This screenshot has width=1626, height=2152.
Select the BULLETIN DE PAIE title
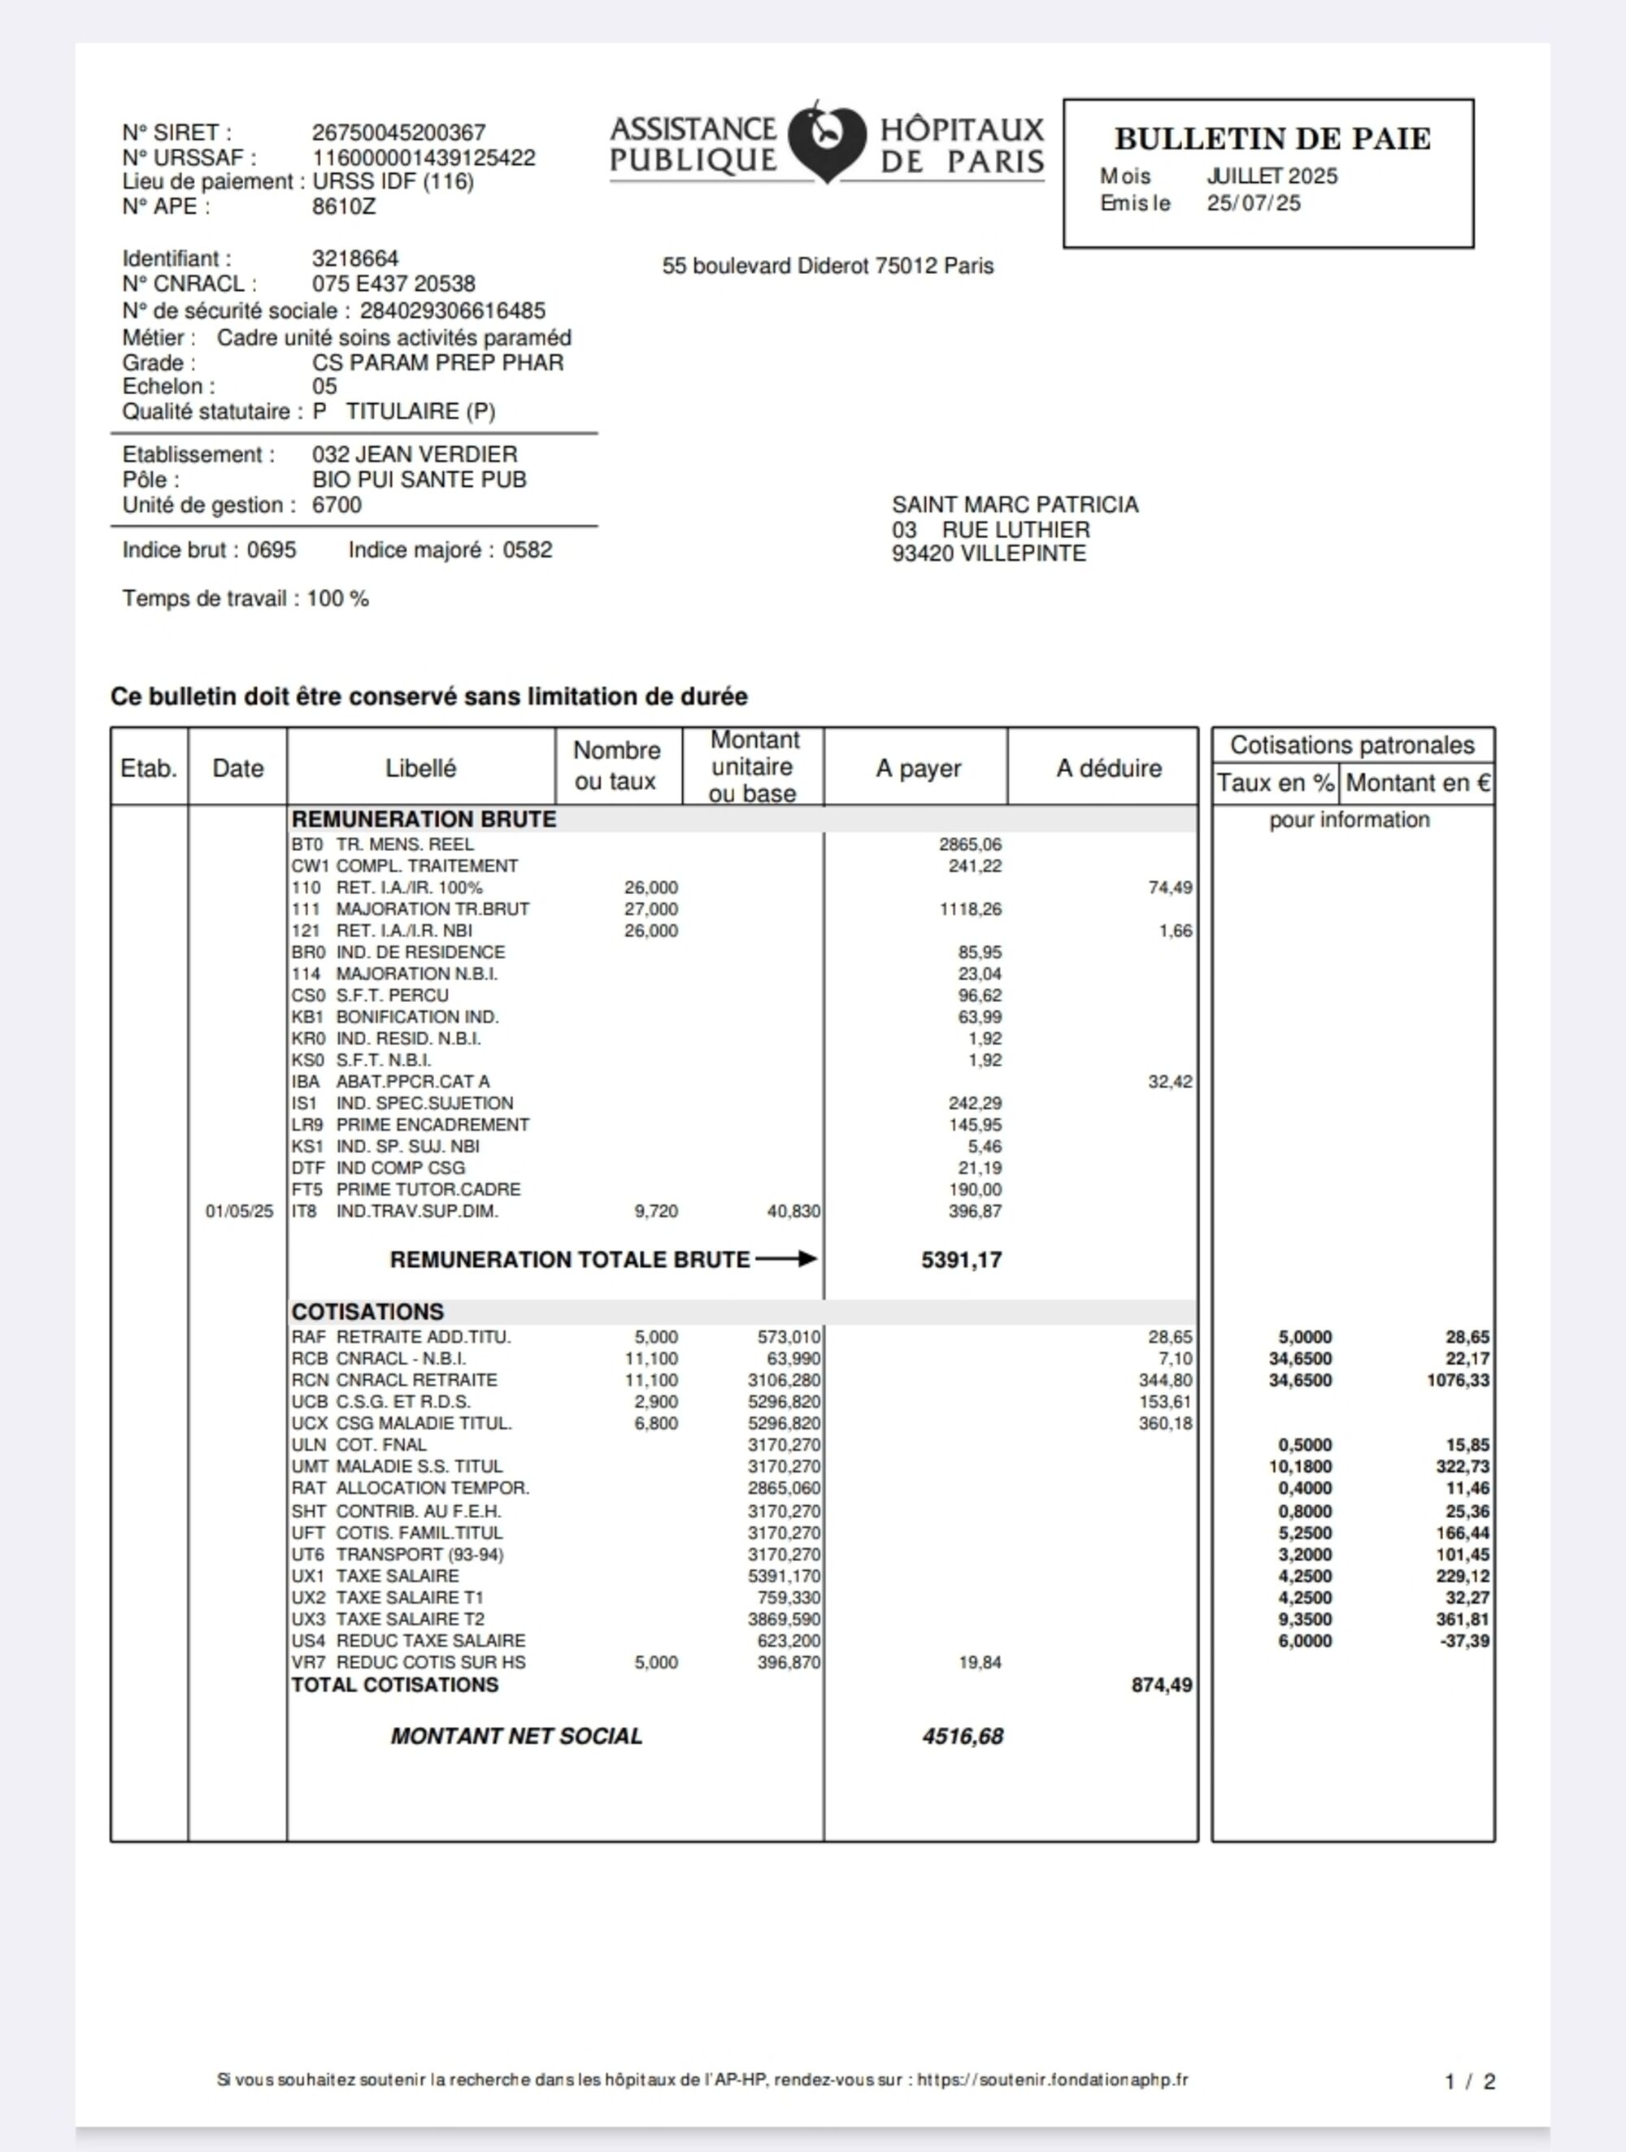[x=1272, y=139]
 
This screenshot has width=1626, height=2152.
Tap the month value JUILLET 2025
[x=1272, y=176]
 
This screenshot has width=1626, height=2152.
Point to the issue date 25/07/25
[x=1254, y=203]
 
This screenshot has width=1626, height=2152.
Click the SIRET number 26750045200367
[x=398, y=132]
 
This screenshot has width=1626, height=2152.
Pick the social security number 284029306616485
[x=453, y=311]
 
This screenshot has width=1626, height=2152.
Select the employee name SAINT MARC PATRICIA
[x=1015, y=505]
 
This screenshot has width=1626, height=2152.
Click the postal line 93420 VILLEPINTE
[x=989, y=553]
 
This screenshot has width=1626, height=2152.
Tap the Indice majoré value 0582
[x=528, y=551]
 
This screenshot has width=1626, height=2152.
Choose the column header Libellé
[x=420, y=769]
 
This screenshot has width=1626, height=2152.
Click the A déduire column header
[x=1108, y=769]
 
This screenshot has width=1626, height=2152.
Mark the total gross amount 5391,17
[x=962, y=1260]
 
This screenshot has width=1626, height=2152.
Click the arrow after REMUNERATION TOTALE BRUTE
[x=786, y=1259]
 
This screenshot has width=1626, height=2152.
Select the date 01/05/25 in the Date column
[x=239, y=1211]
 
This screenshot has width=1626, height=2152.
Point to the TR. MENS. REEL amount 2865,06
[x=970, y=844]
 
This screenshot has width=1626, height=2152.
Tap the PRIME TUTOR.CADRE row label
[x=428, y=1190]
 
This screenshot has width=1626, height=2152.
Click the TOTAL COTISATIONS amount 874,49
[x=1161, y=1685]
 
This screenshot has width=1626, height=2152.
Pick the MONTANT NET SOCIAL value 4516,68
[x=963, y=1737]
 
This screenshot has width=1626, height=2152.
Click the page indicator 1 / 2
[x=1469, y=2081]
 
